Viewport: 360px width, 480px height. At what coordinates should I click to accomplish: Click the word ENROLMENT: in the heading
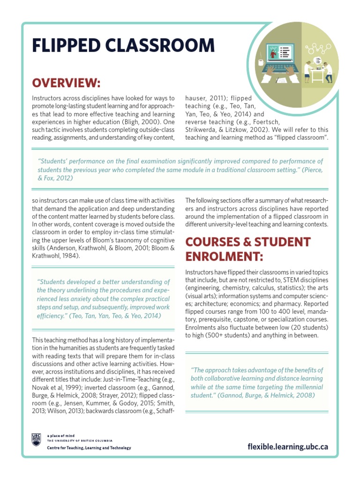coord(224,256)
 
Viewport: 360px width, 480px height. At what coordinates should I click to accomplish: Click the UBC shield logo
coord(37,439)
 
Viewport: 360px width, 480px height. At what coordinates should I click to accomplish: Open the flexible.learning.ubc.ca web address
coord(288,446)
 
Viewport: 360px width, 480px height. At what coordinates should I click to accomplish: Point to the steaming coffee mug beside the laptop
coord(261,61)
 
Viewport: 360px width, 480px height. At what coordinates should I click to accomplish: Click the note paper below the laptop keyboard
coord(282,81)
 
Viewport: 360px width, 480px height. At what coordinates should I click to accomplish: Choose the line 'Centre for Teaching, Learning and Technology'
coord(89,448)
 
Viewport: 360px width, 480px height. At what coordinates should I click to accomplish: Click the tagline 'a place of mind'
coord(60,435)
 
